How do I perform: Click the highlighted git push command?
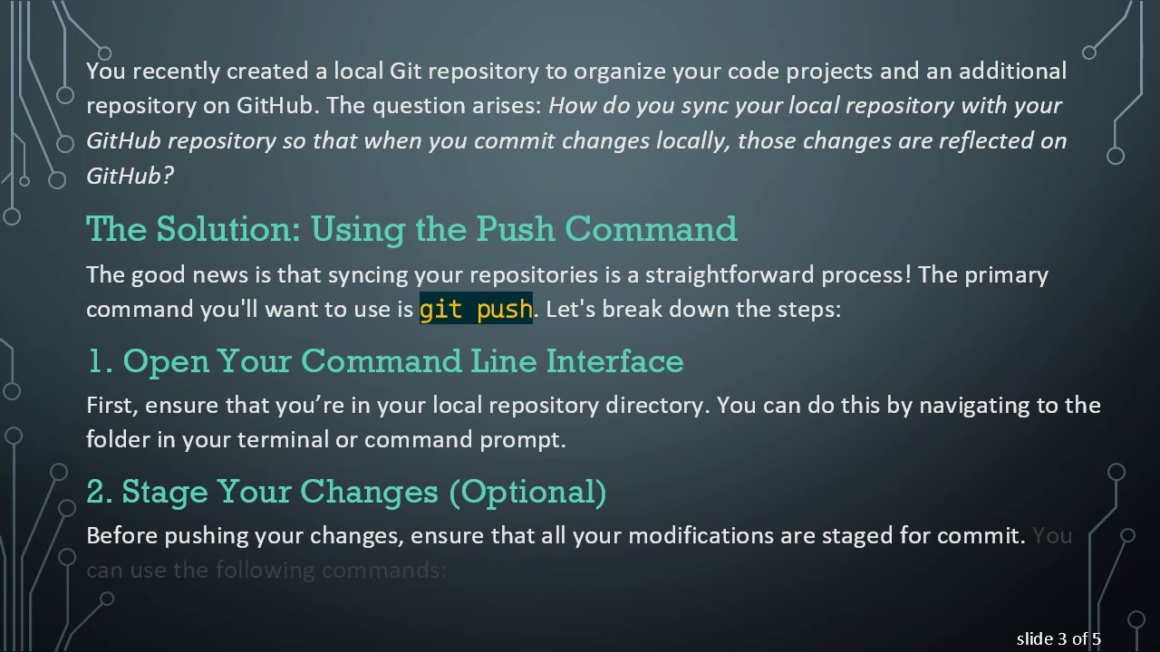476,309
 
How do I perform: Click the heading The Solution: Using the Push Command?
411,229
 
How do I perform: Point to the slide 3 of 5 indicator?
1058,639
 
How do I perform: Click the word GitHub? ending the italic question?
130,176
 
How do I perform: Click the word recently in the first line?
177,71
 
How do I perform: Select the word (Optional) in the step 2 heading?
527,492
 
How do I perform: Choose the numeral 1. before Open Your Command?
100,361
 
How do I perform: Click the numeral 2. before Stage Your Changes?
100,492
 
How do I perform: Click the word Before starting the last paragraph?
122,535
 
